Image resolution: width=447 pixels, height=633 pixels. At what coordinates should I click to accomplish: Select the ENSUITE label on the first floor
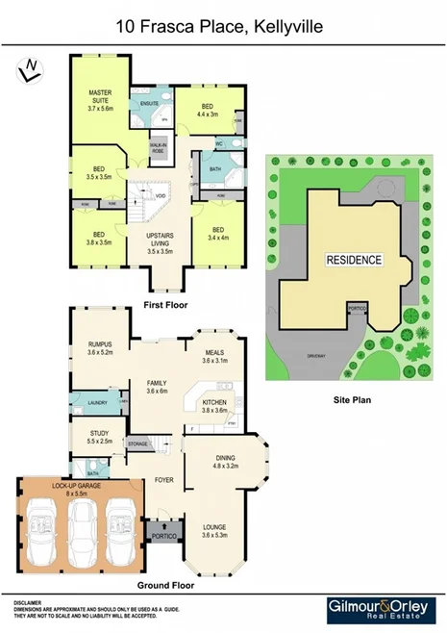149,102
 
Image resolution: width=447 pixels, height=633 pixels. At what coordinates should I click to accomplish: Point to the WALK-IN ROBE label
159,150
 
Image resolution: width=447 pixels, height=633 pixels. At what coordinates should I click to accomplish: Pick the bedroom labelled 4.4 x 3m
207,110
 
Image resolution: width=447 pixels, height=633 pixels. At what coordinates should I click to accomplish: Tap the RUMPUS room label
100,347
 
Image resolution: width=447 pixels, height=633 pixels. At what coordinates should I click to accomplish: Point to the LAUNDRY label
97,402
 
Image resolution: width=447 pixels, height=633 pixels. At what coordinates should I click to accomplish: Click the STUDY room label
100,437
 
